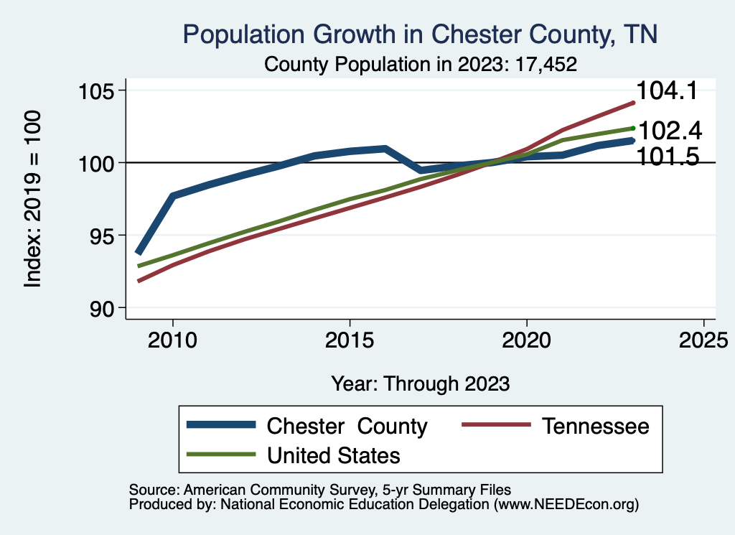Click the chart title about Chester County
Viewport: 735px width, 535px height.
click(x=421, y=34)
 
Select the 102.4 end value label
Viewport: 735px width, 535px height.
click(x=669, y=131)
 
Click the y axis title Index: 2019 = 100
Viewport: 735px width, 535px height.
click(x=32, y=199)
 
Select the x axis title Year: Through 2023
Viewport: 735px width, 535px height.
click(x=421, y=383)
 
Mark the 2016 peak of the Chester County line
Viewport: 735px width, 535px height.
click(x=385, y=149)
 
